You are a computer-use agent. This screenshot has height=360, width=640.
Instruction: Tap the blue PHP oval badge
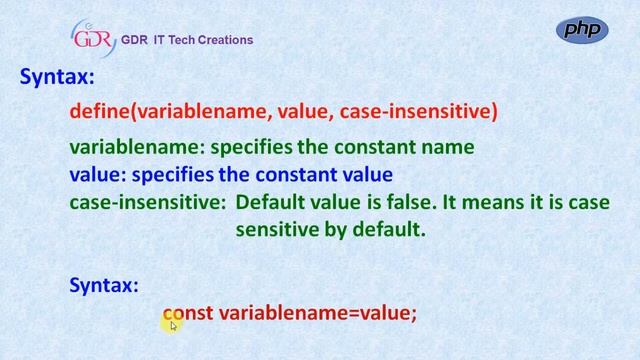[581, 30]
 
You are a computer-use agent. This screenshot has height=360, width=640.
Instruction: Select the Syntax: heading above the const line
[104, 285]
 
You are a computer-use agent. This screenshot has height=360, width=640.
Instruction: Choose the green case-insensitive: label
[147, 202]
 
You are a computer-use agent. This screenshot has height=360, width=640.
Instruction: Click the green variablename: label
[137, 147]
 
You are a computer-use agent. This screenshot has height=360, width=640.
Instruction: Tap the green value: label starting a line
[98, 174]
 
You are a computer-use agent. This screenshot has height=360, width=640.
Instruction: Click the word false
[408, 202]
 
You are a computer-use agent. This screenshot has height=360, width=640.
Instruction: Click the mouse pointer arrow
[173, 325]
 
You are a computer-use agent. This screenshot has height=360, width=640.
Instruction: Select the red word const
[188, 313]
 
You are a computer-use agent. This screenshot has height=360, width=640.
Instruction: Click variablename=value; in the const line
[317, 313]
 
